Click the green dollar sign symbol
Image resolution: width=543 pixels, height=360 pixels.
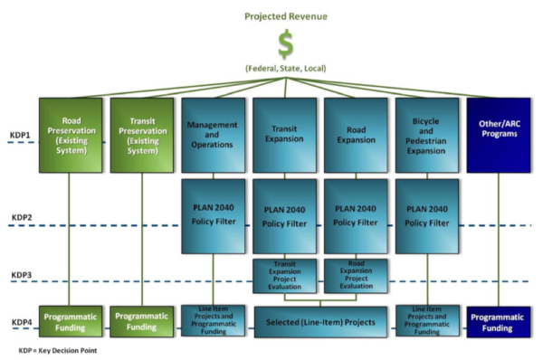(x=286, y=43)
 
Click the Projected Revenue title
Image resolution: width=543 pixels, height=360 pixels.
(x=285, y=15)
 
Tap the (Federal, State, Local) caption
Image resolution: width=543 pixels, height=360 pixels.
(x=286, y=69)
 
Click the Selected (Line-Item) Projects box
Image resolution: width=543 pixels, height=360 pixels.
(x=320, y=321)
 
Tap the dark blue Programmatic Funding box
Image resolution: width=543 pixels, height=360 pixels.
(x=499, y=321)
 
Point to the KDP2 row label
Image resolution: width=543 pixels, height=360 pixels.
(x=21, y=218)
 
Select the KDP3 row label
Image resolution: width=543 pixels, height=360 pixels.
(x=21, y=276)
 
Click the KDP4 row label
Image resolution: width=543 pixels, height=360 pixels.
(x=21, y=323)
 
